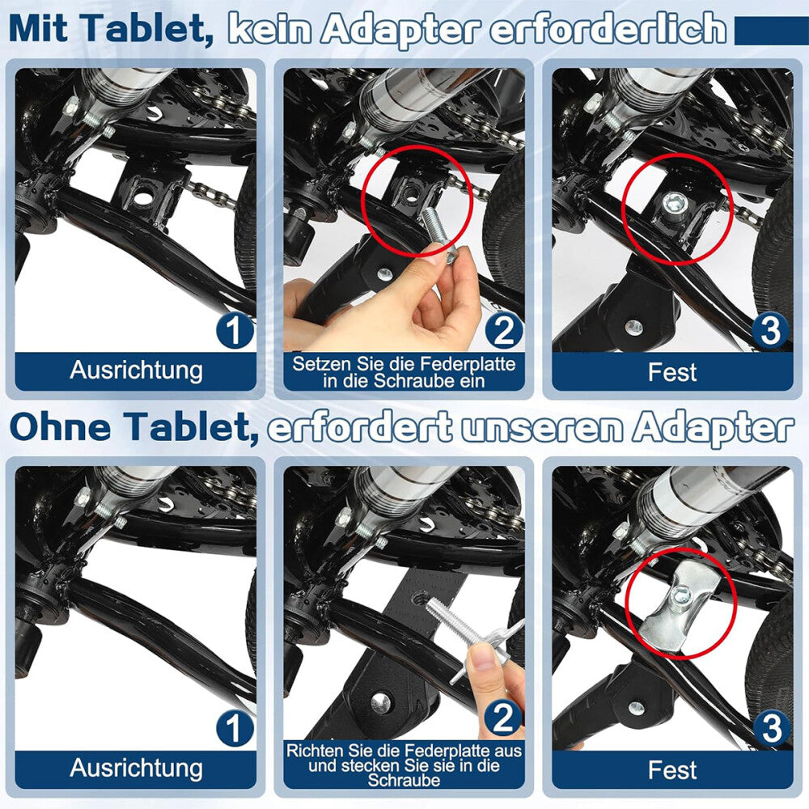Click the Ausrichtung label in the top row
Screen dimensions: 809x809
click(136, 371)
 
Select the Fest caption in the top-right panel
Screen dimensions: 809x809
click(672, 372)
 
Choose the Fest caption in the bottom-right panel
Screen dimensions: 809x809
click(672, 769)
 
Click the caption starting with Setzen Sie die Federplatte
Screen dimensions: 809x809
click(404, 371)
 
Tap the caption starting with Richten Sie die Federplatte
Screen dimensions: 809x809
click(404, 765)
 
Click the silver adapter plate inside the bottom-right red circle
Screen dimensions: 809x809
click(676, 604)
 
